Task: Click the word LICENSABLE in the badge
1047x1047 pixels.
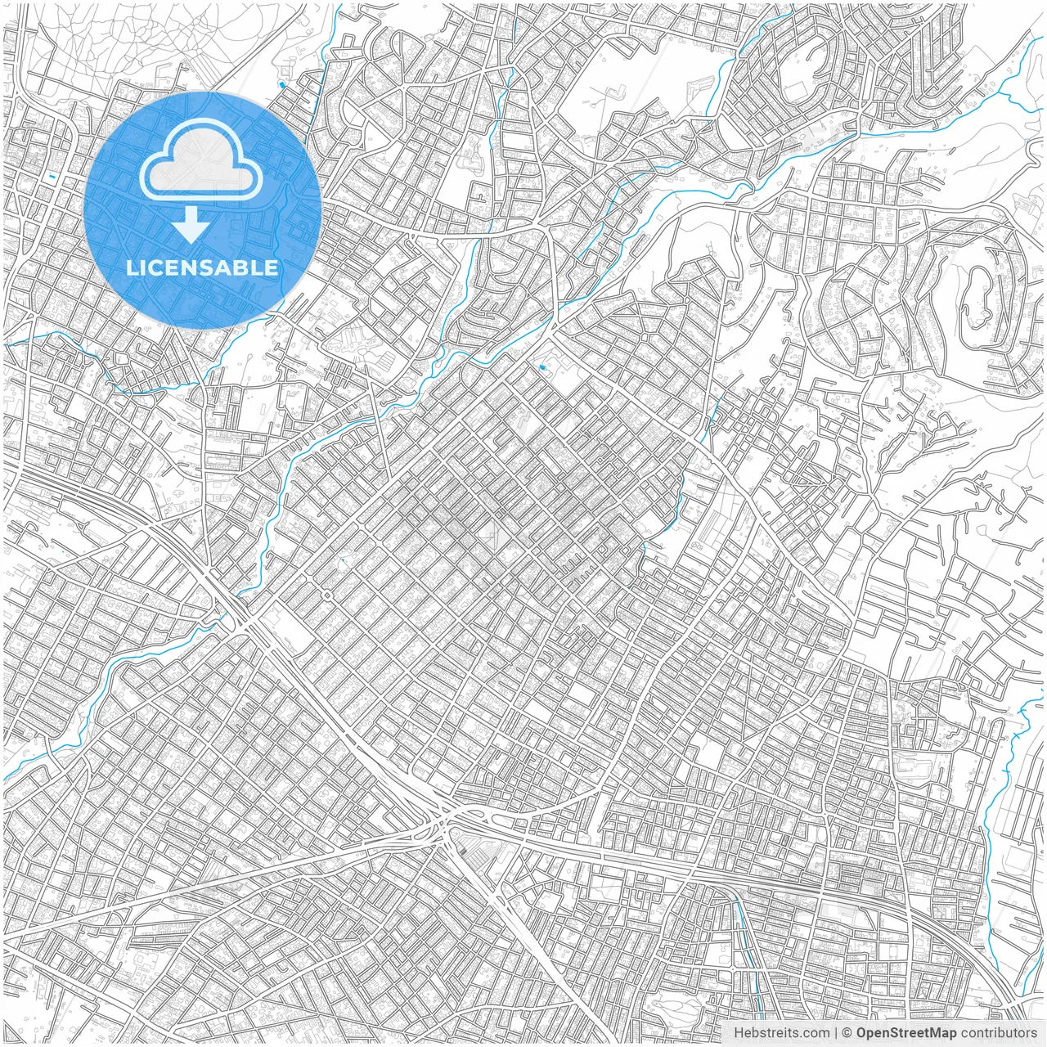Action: [x=202, y=267]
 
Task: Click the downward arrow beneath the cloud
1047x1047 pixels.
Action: [x=191, y=224]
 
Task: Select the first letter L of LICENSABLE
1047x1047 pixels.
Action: [x=131, y=267]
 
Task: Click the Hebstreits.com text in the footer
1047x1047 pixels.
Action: [x=780, y=1033]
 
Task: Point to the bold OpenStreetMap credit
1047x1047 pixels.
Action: [x=906, y=1033]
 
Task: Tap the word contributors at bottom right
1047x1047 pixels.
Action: [x=999, y=1033]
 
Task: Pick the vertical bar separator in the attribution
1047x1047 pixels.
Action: [x=835, y=1033]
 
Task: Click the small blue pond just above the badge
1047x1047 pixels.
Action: [x=282, y=84]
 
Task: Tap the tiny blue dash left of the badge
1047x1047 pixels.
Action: [x=52, y=177]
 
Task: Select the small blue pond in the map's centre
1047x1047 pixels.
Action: [x=541, y=369]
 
